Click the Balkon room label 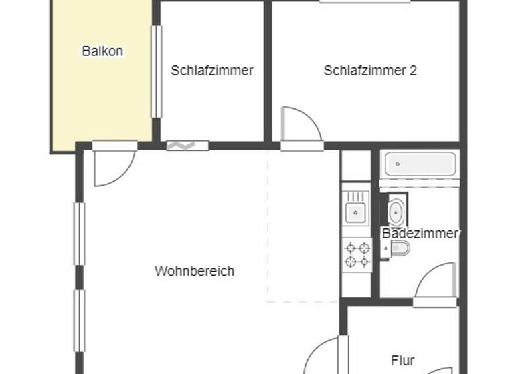[102, 51]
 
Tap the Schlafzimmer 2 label [370, 70]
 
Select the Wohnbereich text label [194, 271]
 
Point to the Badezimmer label [420, 233]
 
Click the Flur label [402, 361]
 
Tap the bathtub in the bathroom [420, 164]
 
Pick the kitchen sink [355, 212]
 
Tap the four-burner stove [356, 254]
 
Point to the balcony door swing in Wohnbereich [110, 167]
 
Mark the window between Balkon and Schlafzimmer [156, 71]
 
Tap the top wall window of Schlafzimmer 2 [364, 2]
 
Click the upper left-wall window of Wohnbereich [79, 234]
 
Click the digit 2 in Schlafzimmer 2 [413, 70]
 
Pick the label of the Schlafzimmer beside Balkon [211, 70]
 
